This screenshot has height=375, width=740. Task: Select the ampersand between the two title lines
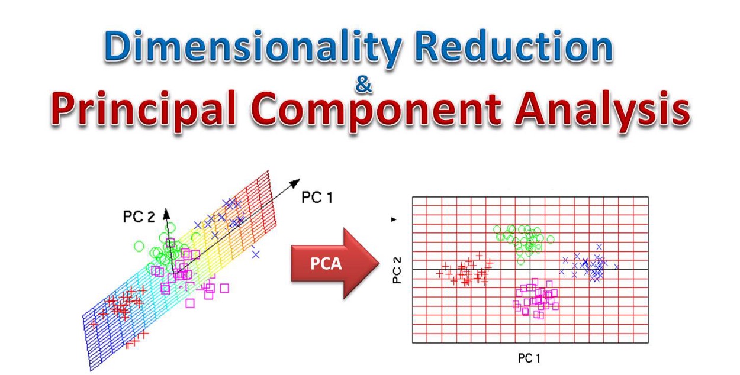coord(363,86)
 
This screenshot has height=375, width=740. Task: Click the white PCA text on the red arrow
coord(326,264)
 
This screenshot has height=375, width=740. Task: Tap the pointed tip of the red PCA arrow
coord(379,264)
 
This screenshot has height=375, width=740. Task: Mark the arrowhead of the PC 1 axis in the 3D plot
coord(295,183)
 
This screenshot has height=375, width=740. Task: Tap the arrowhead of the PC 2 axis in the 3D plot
coord(166,212)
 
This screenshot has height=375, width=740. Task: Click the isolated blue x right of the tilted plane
coord(256,254)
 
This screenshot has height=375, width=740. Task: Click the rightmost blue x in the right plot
coord(616,267)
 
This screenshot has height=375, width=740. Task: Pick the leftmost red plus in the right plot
coord(439,273)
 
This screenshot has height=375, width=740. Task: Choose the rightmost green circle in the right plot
coord(551,240)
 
